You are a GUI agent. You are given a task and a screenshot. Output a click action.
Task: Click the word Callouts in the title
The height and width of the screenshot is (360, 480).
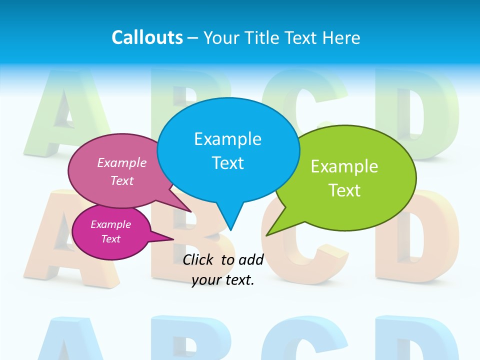[147, 37]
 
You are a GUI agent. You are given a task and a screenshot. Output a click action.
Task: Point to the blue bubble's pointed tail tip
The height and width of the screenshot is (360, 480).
[230, 229]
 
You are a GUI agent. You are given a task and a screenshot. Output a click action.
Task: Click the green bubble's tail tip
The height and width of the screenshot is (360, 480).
[266, 235]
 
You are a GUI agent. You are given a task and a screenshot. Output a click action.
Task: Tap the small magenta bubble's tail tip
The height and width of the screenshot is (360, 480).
[173, 239]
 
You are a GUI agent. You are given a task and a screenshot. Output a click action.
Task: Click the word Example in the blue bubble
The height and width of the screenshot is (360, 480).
[227, 139]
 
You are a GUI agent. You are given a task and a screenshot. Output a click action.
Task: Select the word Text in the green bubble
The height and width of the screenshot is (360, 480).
[344, 190]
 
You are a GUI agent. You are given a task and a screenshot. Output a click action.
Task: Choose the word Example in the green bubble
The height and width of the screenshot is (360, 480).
[344, 166]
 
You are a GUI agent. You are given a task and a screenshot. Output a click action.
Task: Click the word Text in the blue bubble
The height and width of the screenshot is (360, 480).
[227, 163]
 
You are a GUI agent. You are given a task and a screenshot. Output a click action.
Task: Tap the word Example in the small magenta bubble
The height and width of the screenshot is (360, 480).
[110, 224]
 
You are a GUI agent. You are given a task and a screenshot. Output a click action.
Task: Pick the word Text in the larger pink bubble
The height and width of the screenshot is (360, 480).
[122, 180]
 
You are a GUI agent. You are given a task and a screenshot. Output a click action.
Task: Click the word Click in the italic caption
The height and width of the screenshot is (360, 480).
[199, 259]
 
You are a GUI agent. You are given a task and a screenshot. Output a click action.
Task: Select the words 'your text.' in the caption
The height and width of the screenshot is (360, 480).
[223, 280]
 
